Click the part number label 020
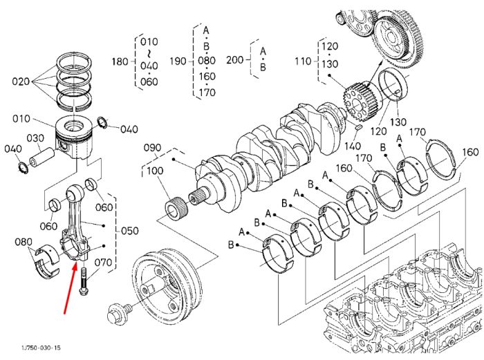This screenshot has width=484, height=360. tap(21, 82)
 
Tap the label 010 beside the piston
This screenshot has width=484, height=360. tap(21, 119)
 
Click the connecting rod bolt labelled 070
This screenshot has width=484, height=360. tap(84, 281)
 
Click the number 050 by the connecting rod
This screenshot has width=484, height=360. tap(129, 231)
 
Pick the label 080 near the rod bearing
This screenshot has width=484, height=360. tap(24, 242)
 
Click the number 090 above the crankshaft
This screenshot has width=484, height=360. tap(153, 148)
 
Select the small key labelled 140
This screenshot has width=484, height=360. tap(359, 127)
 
